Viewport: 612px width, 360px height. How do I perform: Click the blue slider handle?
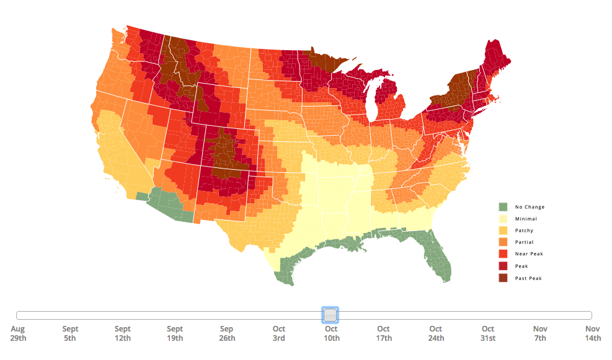[x=330, y=315]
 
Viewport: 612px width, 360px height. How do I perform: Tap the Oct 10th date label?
[x=331, y=333]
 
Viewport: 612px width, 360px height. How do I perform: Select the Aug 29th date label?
[x=17, y=333]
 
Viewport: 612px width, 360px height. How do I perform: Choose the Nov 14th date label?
[x=593, y=333]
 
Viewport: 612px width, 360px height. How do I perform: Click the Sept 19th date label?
[x=175, y=333]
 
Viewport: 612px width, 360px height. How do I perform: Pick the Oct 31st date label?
[x=488, y=333]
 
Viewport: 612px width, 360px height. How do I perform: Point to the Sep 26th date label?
[x=227, y=333]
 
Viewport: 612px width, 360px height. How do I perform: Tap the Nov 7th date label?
[x=540, y=333]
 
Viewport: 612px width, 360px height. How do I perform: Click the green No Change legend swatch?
[x=503, y=206]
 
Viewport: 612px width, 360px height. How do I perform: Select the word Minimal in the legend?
[x=526, y=219]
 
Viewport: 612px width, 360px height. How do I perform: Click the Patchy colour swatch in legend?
[x=503, y=230]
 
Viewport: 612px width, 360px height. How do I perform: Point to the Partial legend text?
[x=524, y=242]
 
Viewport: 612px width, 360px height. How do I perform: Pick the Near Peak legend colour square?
[x=503, y=254]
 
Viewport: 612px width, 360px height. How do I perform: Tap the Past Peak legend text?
[x=528, y=278]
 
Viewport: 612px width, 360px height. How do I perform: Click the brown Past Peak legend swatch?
[x=503, y=278]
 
